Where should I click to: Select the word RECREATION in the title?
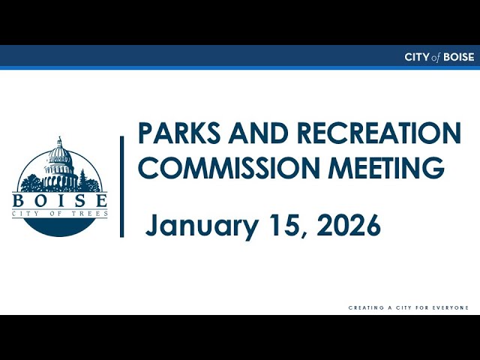(379, 133)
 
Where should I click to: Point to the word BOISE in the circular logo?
(60, 200)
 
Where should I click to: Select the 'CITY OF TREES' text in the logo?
(60, 214)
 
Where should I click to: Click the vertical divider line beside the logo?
(121, 187)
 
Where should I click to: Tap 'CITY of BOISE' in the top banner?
(439, 57)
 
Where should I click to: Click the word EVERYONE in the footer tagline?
(451, 307)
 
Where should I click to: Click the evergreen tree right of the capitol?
(82, 179)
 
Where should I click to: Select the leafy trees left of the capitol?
(31, 183)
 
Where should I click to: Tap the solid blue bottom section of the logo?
(60, 226)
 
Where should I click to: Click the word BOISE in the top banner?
(459, 57)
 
